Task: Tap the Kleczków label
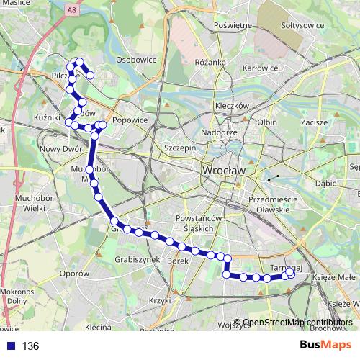(x=231, y=105)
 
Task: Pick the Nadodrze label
(x=219, y=133)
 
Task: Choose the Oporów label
(x=73, y=274)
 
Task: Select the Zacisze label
(x=315, y=123)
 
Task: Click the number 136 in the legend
(x=30, y=346)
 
